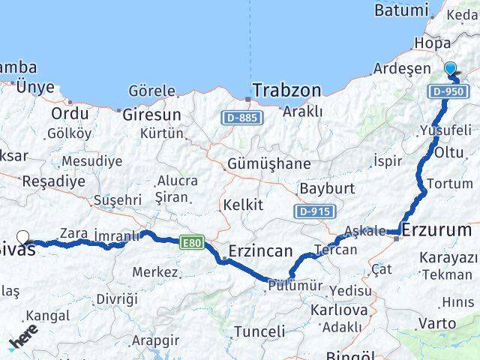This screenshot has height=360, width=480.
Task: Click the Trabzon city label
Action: coord(286,91)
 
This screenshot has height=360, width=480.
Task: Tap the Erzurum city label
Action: coord(437,230)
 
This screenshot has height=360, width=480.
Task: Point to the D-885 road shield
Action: coord(238,118)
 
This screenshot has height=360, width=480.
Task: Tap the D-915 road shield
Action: coord(313,211)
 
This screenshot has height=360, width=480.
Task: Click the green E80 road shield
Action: coord(190,241)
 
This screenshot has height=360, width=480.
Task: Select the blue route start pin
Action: coord(450,70)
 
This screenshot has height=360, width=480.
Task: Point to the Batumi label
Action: coord(400,11)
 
